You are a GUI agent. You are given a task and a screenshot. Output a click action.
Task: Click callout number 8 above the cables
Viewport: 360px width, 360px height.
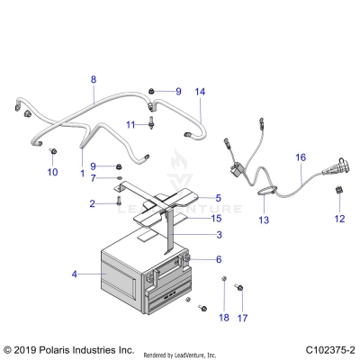click(93, 79)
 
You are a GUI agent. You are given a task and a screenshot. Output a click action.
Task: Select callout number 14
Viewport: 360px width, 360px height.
click(200, 92)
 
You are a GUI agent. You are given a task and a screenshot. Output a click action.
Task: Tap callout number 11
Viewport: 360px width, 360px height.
click(130, 123)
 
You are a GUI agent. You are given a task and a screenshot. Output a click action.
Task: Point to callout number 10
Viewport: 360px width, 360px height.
click(51, 170)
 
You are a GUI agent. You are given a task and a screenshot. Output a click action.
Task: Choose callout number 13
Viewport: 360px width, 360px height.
click(264, 220)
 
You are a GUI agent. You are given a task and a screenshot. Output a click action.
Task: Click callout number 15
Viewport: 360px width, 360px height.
click(215, 218)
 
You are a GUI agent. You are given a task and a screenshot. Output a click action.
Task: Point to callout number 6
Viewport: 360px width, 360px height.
click(218, 259)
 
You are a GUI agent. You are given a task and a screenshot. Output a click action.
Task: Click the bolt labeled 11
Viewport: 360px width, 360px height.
click(151, 121)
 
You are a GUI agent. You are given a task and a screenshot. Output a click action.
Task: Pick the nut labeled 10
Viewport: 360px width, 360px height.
click(53, 150)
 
